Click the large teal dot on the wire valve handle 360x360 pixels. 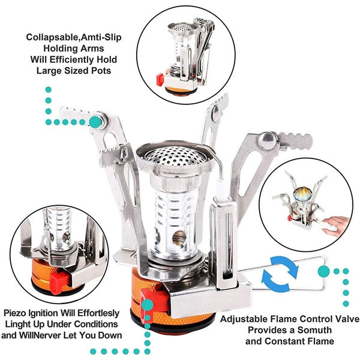[323, 271]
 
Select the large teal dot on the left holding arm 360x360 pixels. [94, 122]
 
